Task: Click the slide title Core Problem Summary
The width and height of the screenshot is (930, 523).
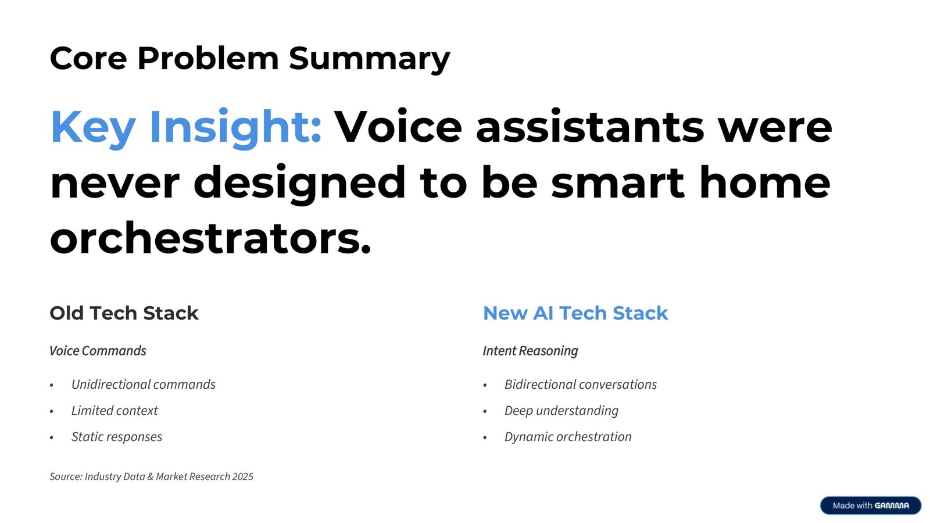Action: click(250, 59)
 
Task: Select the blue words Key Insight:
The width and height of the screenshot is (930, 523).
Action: click(186, 127)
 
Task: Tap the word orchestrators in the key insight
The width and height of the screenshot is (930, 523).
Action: click(210, 238)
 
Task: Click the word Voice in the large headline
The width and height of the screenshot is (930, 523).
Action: click(398, 127)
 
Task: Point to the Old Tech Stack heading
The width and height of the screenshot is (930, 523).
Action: click(124, 313)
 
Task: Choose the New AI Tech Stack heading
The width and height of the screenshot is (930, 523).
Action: click(575, 313)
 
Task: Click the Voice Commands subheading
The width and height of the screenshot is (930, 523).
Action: click(98, 351)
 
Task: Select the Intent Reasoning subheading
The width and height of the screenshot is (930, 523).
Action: click(530, 351)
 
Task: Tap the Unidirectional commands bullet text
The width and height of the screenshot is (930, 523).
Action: click(143, 385)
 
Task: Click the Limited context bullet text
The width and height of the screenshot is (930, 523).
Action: click(115, 411)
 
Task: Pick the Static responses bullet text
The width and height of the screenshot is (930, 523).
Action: click(117, 437)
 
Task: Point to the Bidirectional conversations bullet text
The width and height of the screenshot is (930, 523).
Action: click(580, 385)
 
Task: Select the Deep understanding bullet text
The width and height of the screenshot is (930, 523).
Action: click(561, 411)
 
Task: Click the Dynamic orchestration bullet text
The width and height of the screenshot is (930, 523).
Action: click(567, 437)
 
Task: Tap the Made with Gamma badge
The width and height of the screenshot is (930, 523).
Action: click(870, 506)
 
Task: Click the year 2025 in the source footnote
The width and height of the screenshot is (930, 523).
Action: click(243, 477)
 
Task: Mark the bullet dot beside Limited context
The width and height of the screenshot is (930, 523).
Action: click(52, 411)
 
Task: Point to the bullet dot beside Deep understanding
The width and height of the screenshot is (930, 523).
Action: click(485, 411)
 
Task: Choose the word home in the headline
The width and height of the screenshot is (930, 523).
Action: click(764, 182)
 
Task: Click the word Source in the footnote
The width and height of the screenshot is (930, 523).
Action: click(65, 477)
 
